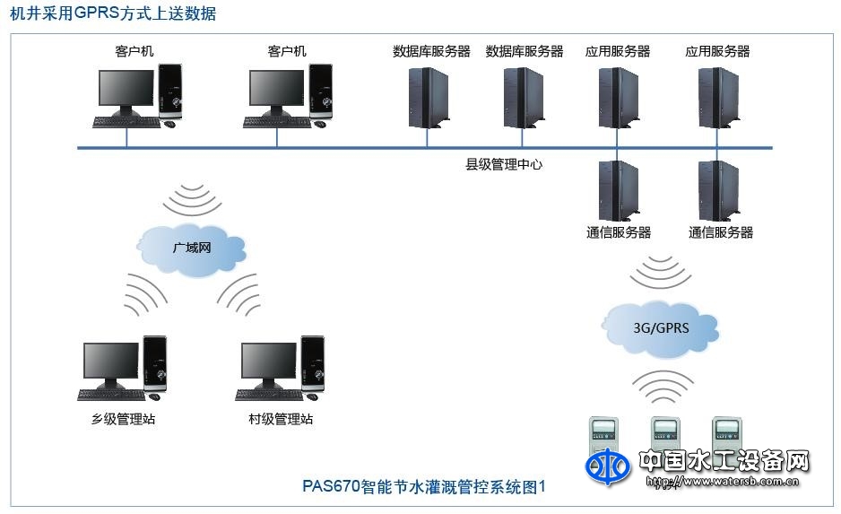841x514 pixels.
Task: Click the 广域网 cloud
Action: pos(192,246)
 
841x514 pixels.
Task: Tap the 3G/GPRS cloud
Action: pos(662,327)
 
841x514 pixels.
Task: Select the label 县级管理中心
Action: pos(503,164)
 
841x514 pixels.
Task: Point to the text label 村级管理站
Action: pos(281,419)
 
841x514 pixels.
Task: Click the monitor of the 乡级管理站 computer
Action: pos(111,362)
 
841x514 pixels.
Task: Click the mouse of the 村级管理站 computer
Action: pos(311,396)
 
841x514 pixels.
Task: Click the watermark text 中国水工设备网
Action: pos(724,461)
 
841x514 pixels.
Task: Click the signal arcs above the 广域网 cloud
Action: pos(192,199)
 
